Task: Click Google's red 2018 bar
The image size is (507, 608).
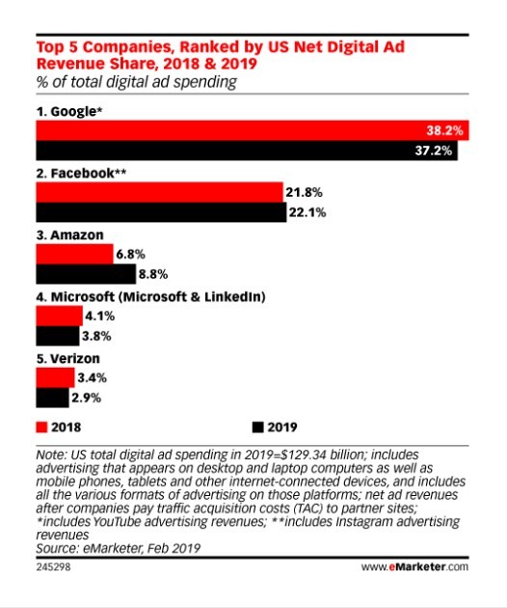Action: [253, 130]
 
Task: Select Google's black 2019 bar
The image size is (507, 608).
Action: [247, 151]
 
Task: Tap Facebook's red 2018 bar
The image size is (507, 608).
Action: [160, 192]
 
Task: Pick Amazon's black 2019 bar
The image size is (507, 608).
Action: [86, 274]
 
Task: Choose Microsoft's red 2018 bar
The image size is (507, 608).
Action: [59, 316]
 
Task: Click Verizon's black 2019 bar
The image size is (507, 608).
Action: [53, 398]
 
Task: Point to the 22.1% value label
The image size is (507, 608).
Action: [307, 212]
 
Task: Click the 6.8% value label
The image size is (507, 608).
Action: [130, 255]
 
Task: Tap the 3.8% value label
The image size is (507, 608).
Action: [96, 336]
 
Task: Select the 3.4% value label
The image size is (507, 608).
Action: [93, 377]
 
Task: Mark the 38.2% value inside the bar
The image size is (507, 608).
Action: [444, 130]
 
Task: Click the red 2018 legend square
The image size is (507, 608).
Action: [41, 428]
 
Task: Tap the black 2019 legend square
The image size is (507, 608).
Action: [258, 428]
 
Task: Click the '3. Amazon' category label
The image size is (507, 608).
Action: [70, 235]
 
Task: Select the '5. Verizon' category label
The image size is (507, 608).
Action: [68, 359]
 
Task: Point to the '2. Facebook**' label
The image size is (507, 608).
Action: [81, 173]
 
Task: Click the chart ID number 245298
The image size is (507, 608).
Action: [53, 567]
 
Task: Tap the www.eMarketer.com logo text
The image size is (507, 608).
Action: [414, 567]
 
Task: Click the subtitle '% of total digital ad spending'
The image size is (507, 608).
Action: [137, 82]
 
